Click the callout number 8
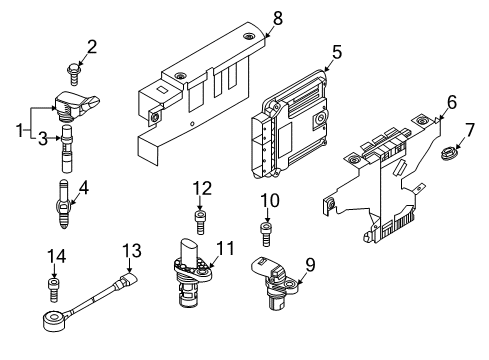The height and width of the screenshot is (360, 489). [278, 18]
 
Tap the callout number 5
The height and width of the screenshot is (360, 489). [337, 52]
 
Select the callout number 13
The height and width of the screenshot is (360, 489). [132, 250]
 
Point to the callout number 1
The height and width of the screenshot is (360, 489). [20, 130]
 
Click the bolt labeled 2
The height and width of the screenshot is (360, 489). [73, 74]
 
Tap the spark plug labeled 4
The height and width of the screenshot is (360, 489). [64, 204]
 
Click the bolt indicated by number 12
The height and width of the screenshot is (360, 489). [199, 222]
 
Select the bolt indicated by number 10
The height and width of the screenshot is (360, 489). [265, 234]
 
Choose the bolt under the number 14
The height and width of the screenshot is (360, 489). [54, 290]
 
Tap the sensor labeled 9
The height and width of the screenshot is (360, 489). [274, 283]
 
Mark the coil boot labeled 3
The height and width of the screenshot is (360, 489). [67, 148]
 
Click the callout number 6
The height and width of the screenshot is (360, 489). [452, 102]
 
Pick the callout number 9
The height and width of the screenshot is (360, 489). [310, 265]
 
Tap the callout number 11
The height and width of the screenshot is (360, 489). [225, 248]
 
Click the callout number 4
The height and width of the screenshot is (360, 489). [84, 188]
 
